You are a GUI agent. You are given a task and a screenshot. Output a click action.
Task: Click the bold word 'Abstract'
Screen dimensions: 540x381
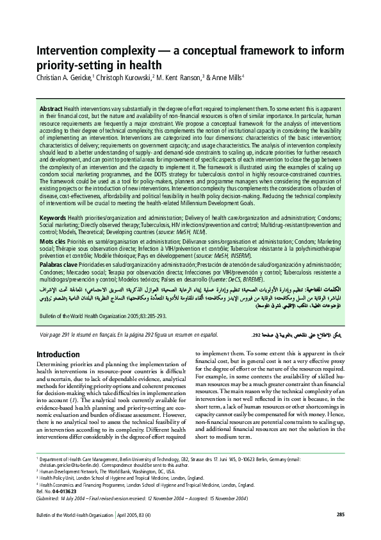point(51,109)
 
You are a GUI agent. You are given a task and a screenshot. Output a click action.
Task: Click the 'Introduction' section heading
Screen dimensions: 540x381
point(58,354)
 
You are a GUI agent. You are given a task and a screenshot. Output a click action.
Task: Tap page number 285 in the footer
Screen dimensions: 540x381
point(341,532)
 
